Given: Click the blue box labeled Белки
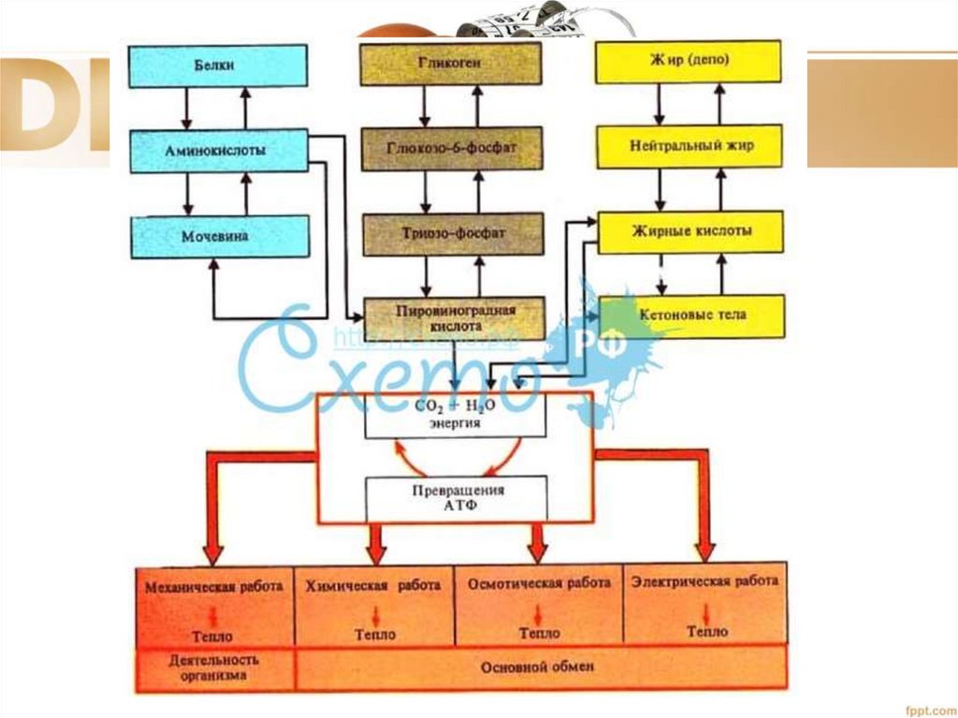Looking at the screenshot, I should pyautogui.click(x=218, y=66).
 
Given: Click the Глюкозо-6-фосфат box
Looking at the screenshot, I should pyautogui.click(x=452, y=148).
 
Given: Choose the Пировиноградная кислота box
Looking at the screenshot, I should pyautogui.click(x=453, y=318).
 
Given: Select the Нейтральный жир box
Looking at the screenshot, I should pyautogui.click(x=689, y=146).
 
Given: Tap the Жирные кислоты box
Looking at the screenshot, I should pyautogui.click(x=689, y=231).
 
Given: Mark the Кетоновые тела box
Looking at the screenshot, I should pyautogui.click(x=691, y=315).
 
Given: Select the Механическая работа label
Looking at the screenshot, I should pyautogui.click(x=214, y=588).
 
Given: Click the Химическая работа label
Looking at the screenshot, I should pyautogui.click(x=373, y=586).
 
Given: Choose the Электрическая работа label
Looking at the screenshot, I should pyautogui.click(x=704, y=582).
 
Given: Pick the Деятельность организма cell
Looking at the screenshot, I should pyautogui.click(x=214, y=667).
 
